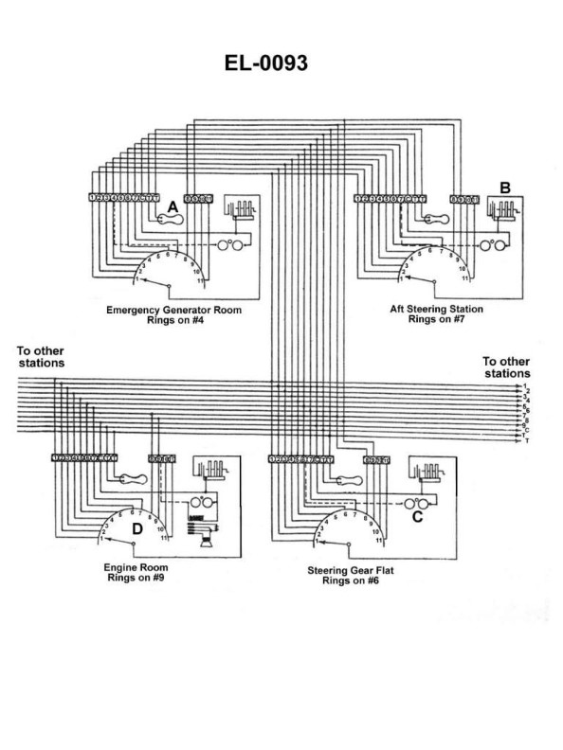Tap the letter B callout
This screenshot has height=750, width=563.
point(505,187)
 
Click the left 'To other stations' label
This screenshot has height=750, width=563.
point(41,356)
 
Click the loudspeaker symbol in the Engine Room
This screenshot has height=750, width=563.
point(203,535)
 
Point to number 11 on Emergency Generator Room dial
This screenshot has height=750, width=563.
point(200,282)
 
